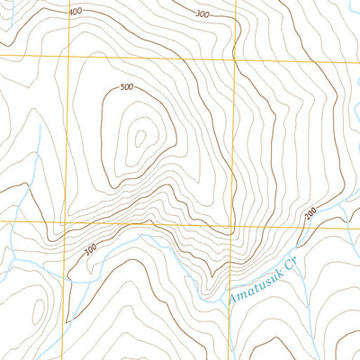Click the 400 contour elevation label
[x=75, y=12]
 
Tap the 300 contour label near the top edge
[x=202, y=14]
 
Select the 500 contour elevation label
[x=126, y=88]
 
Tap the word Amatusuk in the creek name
[x=252, y=285]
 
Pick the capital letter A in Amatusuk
[x=231, y=298]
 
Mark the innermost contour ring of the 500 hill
[x=139, y=138]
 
